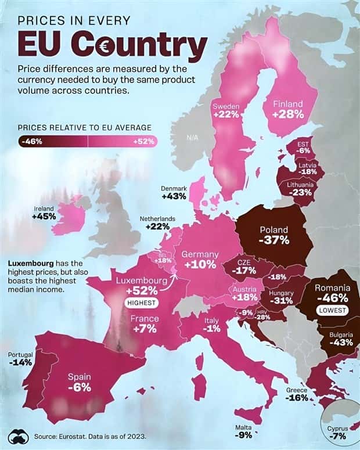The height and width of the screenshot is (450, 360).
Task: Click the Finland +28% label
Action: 289,109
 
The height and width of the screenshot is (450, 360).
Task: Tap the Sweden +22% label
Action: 226,111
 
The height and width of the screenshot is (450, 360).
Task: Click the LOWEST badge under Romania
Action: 332,311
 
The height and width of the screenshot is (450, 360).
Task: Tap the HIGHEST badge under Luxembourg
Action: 142,303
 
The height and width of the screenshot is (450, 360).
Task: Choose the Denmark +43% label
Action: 174,193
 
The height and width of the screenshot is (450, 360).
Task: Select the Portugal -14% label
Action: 20,358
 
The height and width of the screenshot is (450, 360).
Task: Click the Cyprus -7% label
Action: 339,432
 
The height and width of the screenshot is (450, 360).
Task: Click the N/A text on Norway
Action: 193,138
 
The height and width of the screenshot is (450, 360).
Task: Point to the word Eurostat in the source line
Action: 71,436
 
